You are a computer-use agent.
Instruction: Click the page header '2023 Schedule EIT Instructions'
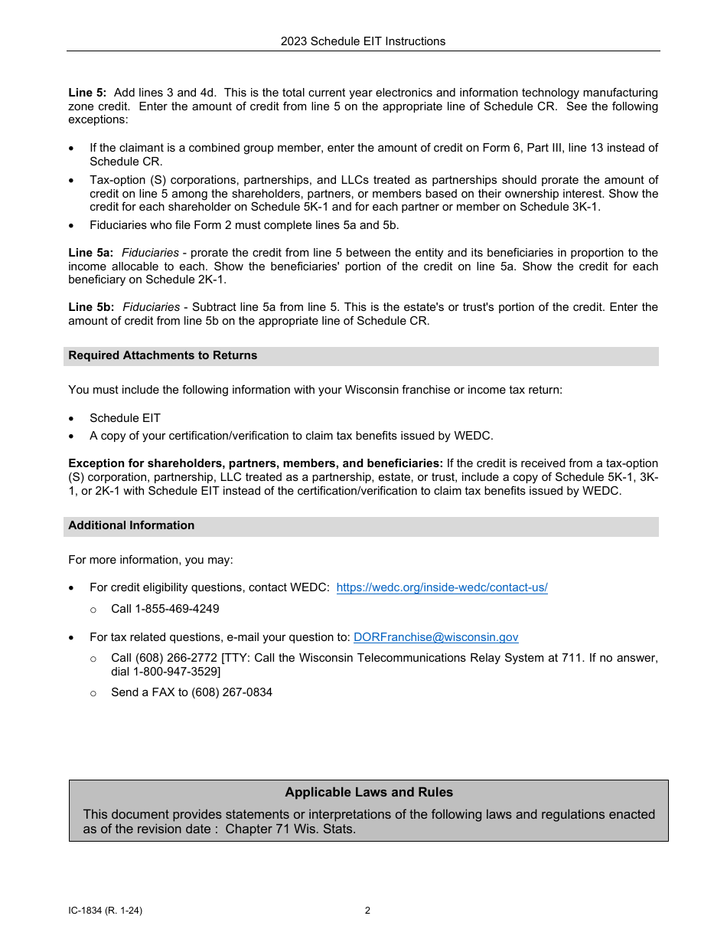(x=363, y=41)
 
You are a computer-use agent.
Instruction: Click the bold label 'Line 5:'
(x=87, y=93)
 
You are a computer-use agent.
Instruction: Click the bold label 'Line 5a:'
(x=90, y=253)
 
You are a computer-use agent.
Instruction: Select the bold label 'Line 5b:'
(x=91, y=307)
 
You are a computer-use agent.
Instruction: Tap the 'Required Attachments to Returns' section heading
(x=162, y=355)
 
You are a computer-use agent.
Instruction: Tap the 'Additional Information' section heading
(x=131, y=525)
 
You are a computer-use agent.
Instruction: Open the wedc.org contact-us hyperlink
(x=442, y=587)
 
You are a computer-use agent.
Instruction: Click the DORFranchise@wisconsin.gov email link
(x=435, y=637)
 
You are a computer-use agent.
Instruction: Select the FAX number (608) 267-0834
(x=226, y=692)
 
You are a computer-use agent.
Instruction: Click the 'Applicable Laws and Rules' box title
(x=369, y=793)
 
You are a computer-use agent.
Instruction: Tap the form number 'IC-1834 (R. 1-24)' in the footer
(x=105, y=911)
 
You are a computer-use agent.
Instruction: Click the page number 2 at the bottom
(x=367, y=911)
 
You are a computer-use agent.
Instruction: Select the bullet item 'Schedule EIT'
(x=125, y=418)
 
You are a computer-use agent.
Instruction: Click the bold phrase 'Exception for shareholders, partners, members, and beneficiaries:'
(x=256, y=463)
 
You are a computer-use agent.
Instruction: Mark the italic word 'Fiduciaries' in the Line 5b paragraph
(x=152, y=307)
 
